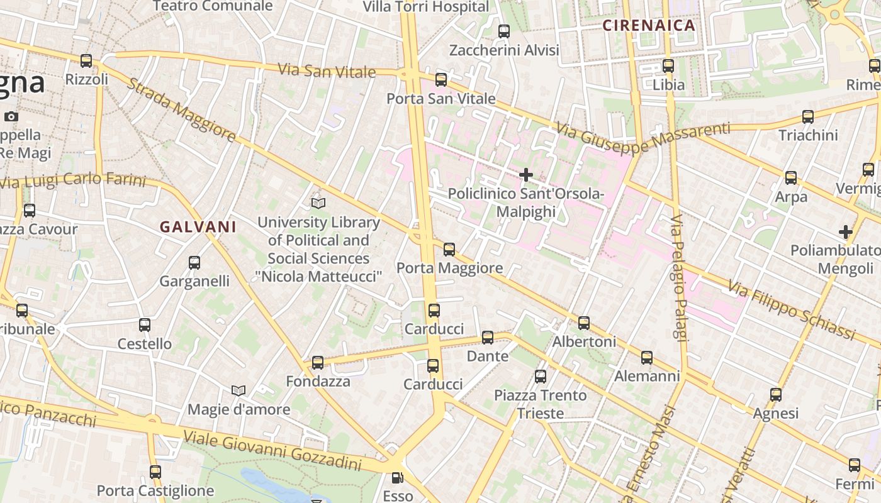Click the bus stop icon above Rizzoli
(86, 61)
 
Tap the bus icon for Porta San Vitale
(441, 80)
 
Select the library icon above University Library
(318, 203)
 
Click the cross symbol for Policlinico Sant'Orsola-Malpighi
(526, 174)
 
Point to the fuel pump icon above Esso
(397, 478)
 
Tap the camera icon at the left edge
(11, 116)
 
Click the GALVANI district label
(198, 227)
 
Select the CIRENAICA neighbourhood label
(649, 26)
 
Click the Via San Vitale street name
(327, 70)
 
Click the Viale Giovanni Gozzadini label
(272, 451)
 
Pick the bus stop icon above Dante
(488, 338)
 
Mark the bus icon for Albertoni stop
(584, 323)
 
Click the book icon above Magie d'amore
(238, 391)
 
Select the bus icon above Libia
(668, 65)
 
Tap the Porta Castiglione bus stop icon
(155, 472)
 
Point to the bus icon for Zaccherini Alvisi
(504, 31)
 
